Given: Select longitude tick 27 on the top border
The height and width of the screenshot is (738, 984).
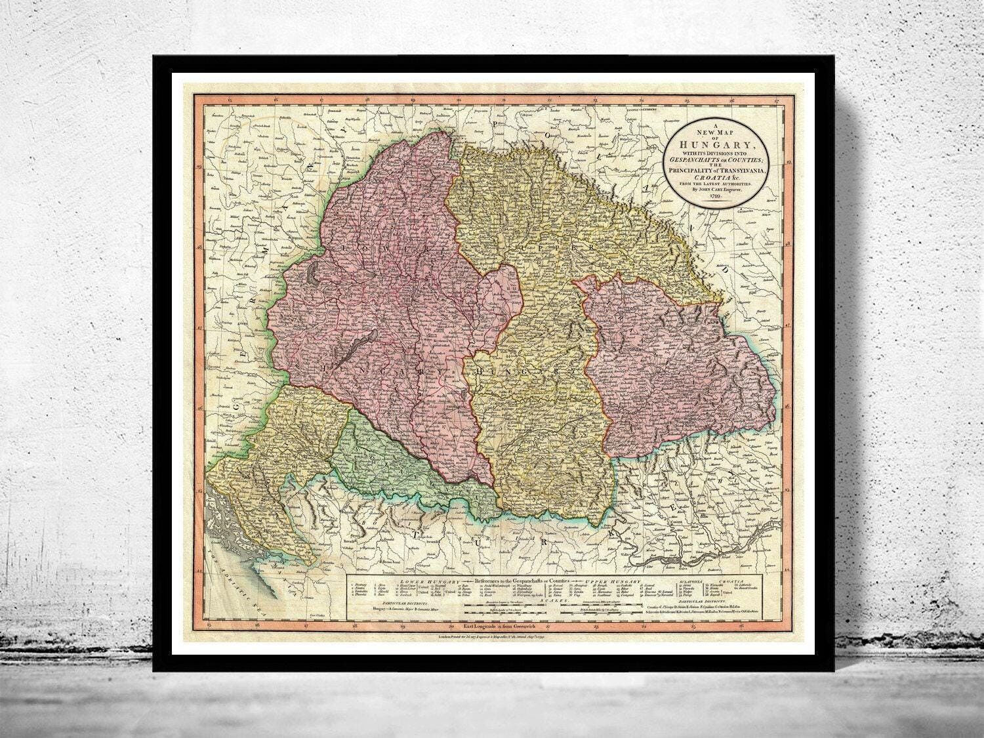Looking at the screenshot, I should coord(775,100).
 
